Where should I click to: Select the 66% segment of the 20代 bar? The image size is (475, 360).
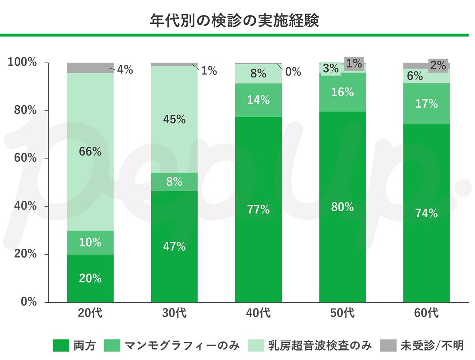(90, 152)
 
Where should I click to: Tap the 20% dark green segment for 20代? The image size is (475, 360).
(90, 279)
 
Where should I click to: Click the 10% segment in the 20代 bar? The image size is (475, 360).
(90, 243)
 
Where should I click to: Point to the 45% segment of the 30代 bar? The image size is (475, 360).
(174, 119)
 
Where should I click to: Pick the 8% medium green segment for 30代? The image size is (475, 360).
(174, 182)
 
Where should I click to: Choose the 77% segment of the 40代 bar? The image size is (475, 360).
(258, 210)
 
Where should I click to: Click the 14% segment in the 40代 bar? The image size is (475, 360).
(258, 100)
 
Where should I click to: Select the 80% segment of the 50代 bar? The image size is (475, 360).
(342, 207)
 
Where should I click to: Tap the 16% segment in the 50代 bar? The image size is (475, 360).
(342, 92)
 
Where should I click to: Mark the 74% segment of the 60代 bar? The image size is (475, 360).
(427, 214)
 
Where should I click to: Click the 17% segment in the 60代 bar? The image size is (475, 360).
(427, 104)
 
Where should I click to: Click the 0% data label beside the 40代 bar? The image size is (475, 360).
(293, 72)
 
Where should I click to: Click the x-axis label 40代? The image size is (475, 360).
(258, 313)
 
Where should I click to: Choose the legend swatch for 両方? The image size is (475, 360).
(61, 345)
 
